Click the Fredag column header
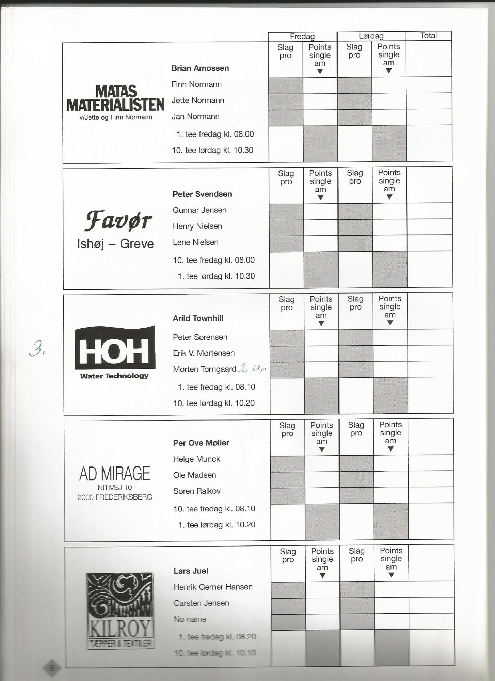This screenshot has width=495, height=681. point(302,36)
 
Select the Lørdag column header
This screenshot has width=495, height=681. point(371,36)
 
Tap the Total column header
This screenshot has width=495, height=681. point(428,36)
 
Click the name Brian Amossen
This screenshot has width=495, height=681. point(200,68)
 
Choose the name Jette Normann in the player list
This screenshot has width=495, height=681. point(198,100)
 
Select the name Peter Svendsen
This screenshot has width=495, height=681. point(202,194)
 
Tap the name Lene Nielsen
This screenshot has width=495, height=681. point(195,242)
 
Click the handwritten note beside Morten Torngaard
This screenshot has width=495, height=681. point(252,369)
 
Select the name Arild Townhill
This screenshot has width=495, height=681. point(198,318)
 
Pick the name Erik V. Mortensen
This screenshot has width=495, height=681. point(204,353)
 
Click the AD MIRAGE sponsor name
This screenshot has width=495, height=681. point(115,474)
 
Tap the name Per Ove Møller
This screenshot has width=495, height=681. point(201,443)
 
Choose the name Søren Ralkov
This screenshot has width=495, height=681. point(197,491)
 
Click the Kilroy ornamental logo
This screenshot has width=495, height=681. point(119,610)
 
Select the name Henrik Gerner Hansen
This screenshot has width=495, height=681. point(213,587)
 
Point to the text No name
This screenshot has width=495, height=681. point(190,619)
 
